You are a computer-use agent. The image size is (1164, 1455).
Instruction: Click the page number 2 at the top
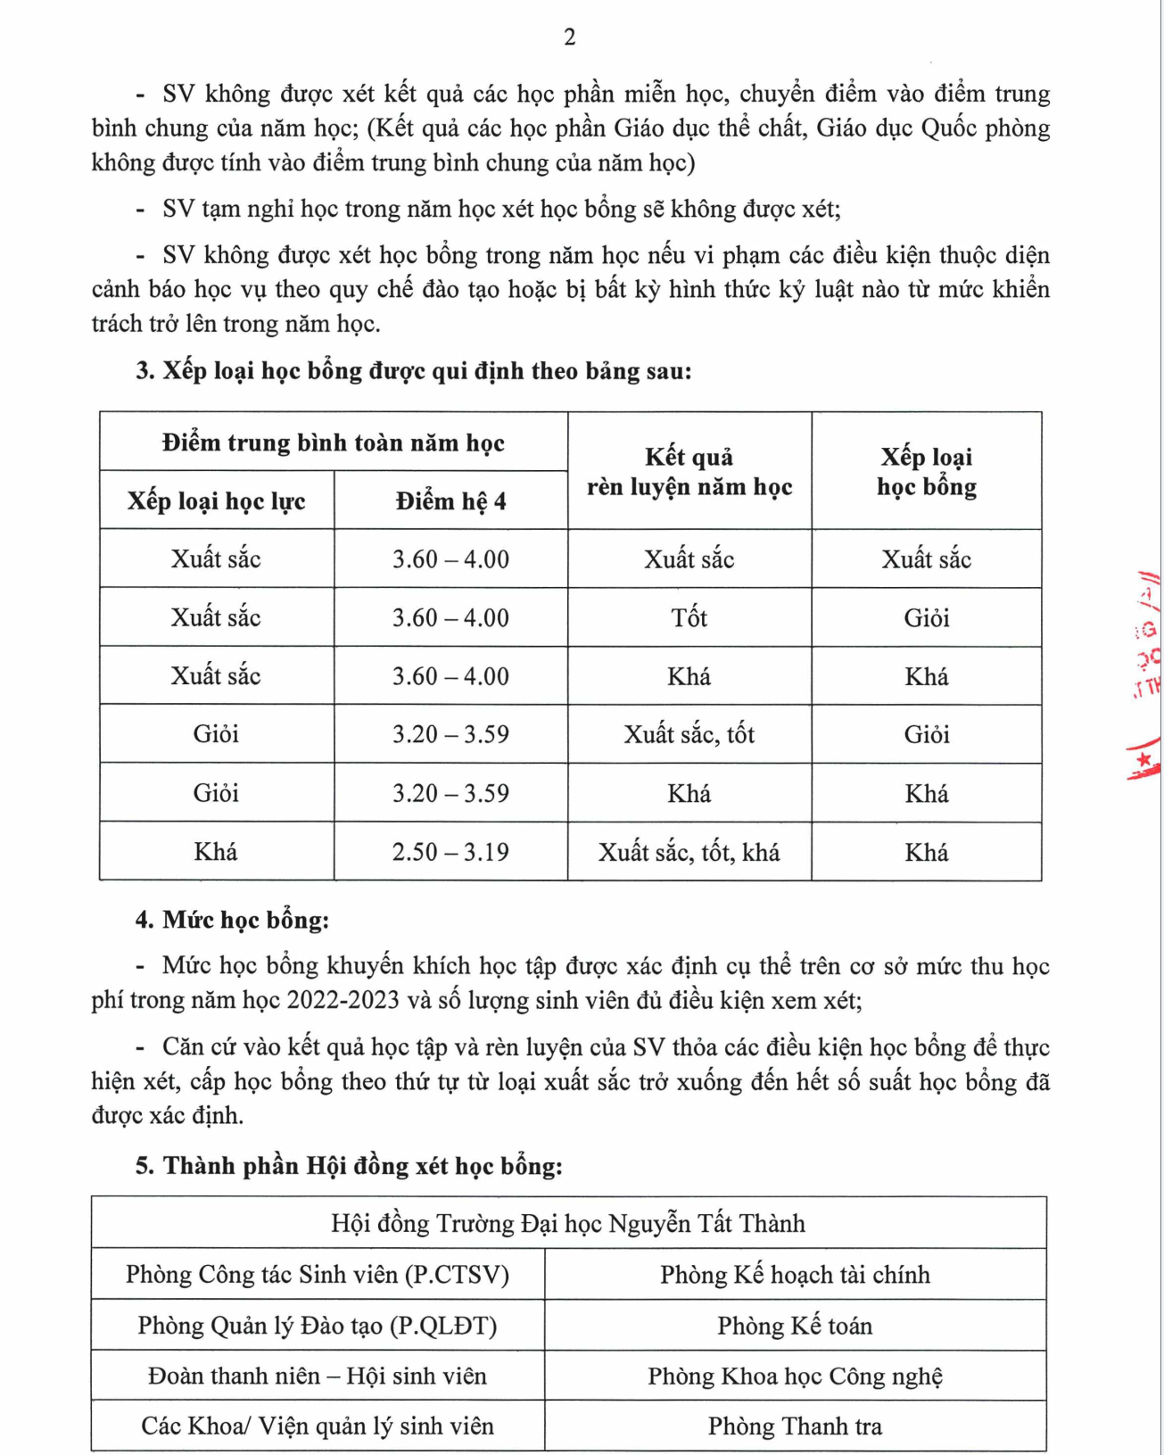point(570,37)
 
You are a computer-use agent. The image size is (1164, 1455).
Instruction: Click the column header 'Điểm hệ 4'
point(450,501)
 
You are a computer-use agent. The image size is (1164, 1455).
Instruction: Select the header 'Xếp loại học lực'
point(216,501)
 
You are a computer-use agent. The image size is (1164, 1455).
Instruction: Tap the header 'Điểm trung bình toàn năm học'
point(333,442)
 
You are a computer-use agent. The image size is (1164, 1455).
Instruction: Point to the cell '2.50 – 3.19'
point(450,852)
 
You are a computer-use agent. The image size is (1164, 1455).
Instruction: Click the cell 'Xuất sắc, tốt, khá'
point(689,852)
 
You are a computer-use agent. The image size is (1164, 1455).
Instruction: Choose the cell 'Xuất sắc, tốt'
point(689,734)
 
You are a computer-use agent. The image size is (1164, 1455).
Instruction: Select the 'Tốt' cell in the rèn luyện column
point(689,617)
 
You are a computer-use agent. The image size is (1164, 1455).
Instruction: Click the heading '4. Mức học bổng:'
point(232,920)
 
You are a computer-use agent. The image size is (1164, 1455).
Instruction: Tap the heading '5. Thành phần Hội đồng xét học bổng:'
point(349,1166)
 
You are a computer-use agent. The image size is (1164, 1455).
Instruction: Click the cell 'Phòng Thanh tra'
point(795,1426)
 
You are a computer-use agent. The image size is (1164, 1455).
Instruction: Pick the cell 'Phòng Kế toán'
point(795,1326)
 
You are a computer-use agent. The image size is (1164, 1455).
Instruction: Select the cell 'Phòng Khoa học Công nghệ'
point(795,1376)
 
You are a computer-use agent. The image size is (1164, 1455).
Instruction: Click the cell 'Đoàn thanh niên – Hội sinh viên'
point(318,1376)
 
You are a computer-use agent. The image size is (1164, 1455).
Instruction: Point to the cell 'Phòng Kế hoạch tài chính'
point(795,1275)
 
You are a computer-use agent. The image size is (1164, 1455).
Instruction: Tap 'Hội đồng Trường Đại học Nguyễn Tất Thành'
point(568,1223)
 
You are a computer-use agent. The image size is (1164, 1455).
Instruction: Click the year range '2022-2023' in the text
point(343,1000)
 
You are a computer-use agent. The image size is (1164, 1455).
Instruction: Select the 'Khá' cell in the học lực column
point(216,852)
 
